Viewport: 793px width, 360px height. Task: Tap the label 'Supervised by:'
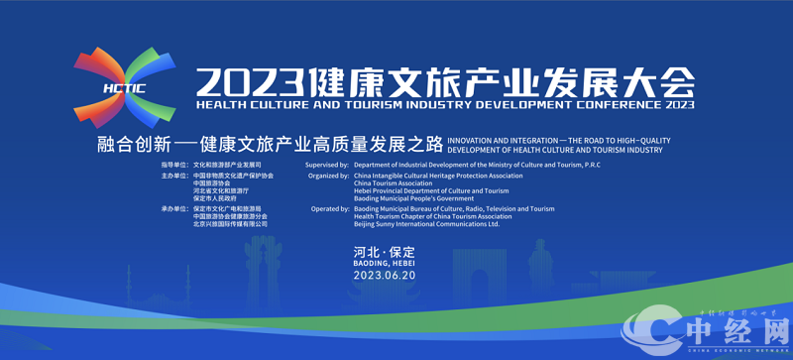tap(327, 164)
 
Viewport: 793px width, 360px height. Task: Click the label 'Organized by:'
tap(328, 176)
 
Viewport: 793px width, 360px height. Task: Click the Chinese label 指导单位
tap(173, 164)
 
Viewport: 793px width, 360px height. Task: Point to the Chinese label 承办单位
tap(173, 209)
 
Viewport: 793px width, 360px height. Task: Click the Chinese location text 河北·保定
tap(384, 252)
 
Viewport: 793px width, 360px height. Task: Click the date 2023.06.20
tap(384, 276)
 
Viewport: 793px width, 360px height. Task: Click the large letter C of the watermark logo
tap(654, 327)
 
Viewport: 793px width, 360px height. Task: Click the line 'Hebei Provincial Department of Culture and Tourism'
tap(431, 190)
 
